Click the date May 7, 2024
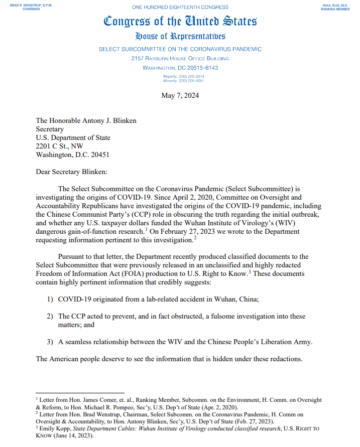point(180,96)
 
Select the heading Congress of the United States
point(180,22)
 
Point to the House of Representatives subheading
point(180,37)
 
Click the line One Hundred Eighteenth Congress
point(180,8)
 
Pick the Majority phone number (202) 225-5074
point(184,76)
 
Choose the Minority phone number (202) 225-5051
point(184,80)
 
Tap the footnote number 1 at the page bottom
point(37,398)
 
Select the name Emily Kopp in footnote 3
point(54,429)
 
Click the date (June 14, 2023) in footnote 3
point(75,436)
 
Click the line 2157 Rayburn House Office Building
point(180,58)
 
